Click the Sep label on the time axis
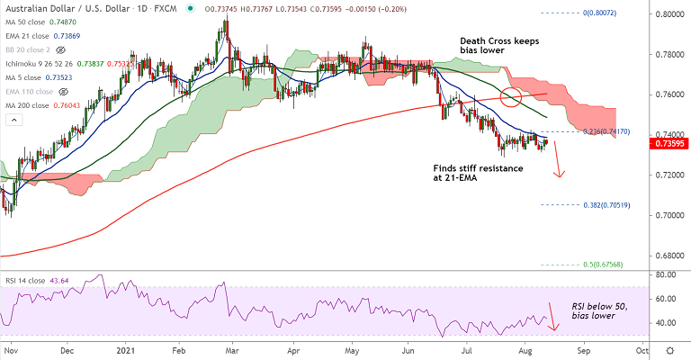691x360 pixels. pyautogui.click(x=584, y=351)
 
